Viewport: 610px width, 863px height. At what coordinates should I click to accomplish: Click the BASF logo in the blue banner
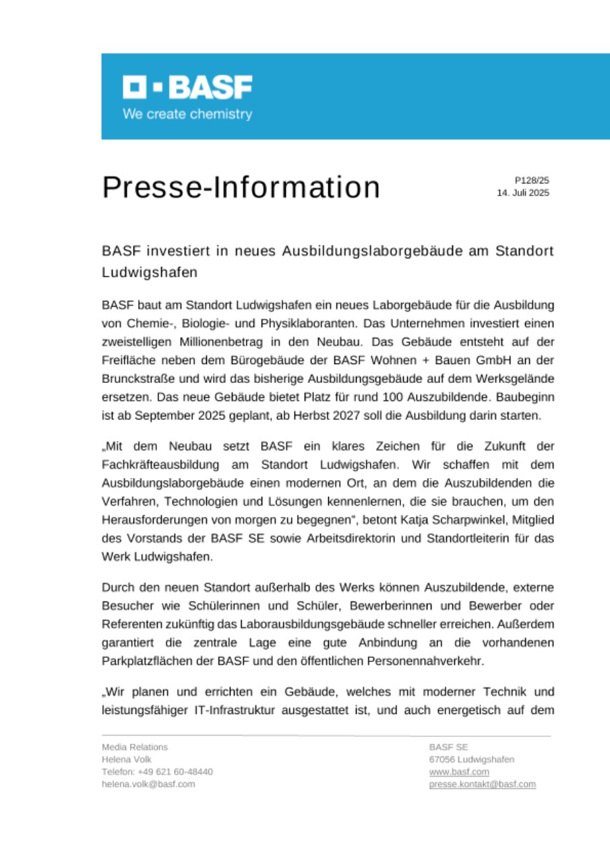(x=187, y=88)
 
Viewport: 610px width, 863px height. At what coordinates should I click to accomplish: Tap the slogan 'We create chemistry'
(x=187, y=114)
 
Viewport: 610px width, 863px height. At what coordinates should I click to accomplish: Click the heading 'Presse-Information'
(x=241, y=187)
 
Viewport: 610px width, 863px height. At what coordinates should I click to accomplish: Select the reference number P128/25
(x=532, y=181)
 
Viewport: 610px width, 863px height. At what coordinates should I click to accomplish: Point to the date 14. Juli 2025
(x=523, y=193)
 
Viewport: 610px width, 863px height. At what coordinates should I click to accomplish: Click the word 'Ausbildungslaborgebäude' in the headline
(x=379, y=251)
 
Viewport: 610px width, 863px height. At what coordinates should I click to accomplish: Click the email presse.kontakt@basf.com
(x=482, y=784)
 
